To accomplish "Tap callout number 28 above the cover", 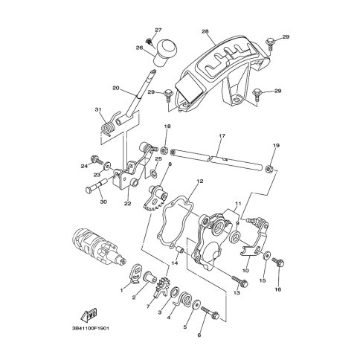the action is click(x=205, y=32).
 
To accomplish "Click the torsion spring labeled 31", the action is click(x=109, y=126).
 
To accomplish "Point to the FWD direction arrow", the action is click(x=89, y=315).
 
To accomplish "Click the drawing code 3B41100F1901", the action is click(x=91, y=328).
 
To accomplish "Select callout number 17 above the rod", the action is click(x=222, y=136).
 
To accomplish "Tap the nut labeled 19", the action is click(x=269, y=169).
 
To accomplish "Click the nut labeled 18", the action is click(x=164, y=150).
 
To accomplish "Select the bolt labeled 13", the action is click(x=240, y=280).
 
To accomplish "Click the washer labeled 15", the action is click(x=267, y=255).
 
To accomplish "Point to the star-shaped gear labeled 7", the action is click(x=162, y=289).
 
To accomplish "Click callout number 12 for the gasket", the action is click(x=200, y=181).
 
